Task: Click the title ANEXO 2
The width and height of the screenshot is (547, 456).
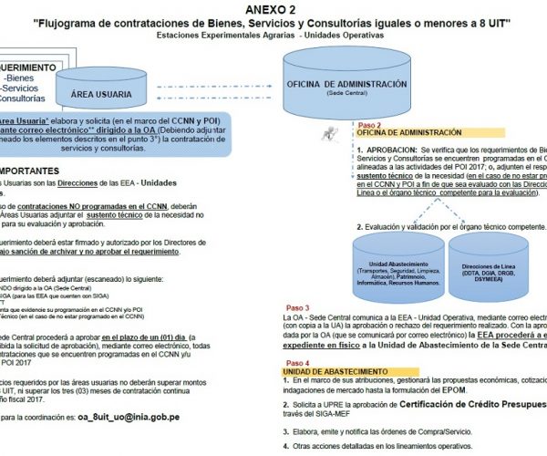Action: coord(271,9)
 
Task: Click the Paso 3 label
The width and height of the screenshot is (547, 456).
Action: coord(298,308)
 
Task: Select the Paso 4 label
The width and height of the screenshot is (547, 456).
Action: coord(298,362)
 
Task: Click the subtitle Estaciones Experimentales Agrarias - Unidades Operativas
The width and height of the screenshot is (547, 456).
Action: coord(270,35)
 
